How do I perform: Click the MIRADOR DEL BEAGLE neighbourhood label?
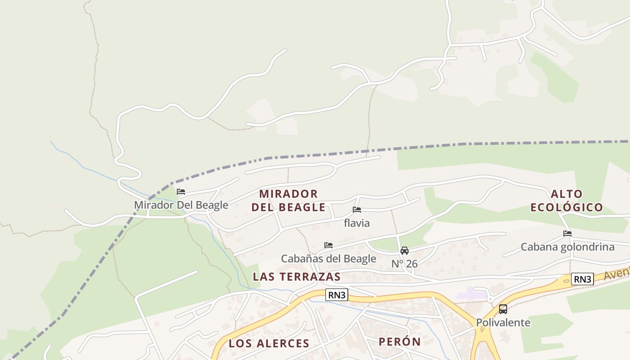click(x=288, y=200)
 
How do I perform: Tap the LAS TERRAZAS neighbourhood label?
click(x=297, y=276)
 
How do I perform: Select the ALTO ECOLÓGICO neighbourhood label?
click(x=567, y=200)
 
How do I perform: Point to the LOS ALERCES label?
click(x=269, y=343)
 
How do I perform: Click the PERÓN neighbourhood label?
click(x=400, y=342)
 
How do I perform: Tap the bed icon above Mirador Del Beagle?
click(x=181, y=192)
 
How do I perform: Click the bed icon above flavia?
click(x=357, y=210)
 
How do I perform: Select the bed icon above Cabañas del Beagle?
click(x=328, y=245)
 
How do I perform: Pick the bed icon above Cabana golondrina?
click(x=567, y=234)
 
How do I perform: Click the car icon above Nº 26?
click(x=405, y=251)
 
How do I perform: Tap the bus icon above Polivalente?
click(x=503, y=309)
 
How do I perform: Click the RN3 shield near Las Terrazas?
click(x=337, y=295)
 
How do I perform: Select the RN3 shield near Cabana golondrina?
click(x=582, y=279)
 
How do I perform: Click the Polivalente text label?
click(x=503, y=323)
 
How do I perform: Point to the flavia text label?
click(x=357, y=223)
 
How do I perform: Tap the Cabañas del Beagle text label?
click(x=328, y=259)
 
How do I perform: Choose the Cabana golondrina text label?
click(x=567, y=247)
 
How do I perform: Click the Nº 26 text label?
click(x=405, y=264)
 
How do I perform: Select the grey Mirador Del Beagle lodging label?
click(x=181, y=205)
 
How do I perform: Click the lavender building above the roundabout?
click(x=471, y=296)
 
